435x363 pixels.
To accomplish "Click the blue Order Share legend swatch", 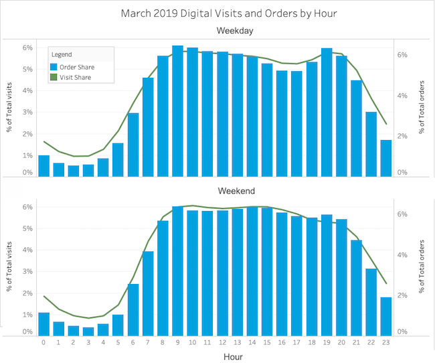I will coord(54,66).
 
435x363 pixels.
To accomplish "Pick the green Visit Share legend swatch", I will coord(54,77).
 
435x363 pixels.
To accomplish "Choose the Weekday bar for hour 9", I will coord(177,111).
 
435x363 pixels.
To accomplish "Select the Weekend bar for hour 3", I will coord(88,331).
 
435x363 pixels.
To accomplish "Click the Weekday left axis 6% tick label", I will coord(27,48).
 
